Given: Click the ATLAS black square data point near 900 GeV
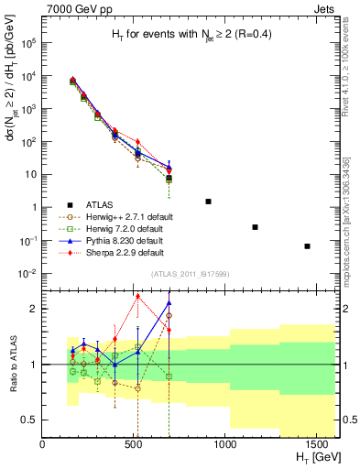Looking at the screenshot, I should (x=208, y=202).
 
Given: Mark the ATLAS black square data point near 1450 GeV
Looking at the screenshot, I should (x=307, y=245).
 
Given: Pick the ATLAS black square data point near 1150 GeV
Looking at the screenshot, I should (x=255, y=227).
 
